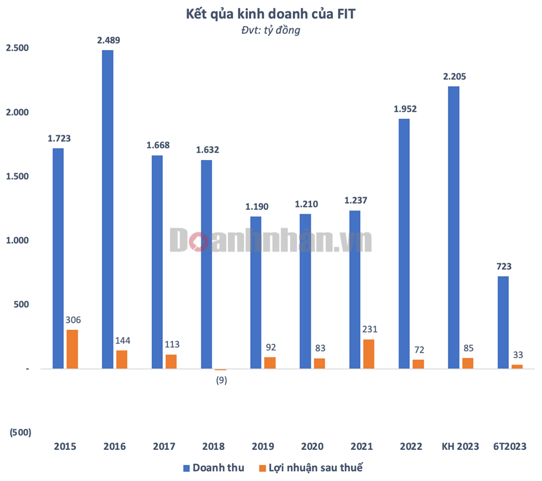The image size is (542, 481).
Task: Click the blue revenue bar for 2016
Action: pyautogui.click(x=107, y=209)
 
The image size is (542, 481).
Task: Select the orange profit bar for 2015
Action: pyautogui.click(x=72, y=349)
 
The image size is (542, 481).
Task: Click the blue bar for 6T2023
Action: pyautogui.click(x=503, y=322)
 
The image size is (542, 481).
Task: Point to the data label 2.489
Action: pyautogui.click(x=108, y=40)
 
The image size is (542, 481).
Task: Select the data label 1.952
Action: pyautogui.click(x=405, y=109)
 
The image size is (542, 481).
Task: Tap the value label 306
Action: pyautogui.click(x=72, y=320)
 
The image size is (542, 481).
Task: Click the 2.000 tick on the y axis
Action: pyautogui.click(x=17, y=113)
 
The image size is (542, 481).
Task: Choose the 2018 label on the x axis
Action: pyautogui.click(x=213, y=447)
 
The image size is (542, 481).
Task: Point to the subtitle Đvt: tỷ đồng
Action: pyautogui.click(x=271, y=30)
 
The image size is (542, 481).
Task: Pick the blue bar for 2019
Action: pyautogui.click(x=256, y=292)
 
